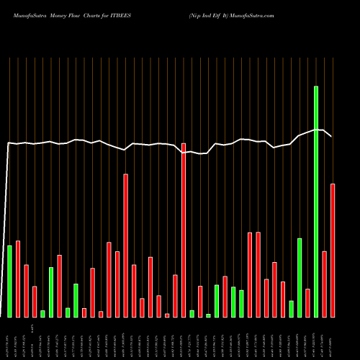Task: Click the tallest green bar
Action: tap(315, 202)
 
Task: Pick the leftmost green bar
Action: tap(10, 282)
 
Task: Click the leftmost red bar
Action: tap(18, 279)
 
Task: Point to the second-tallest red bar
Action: tap(125, 246)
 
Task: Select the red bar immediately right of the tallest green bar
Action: tap(324, 284)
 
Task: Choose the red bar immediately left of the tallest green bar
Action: tap(307, 303)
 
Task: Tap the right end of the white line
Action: tap(331, 136)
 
